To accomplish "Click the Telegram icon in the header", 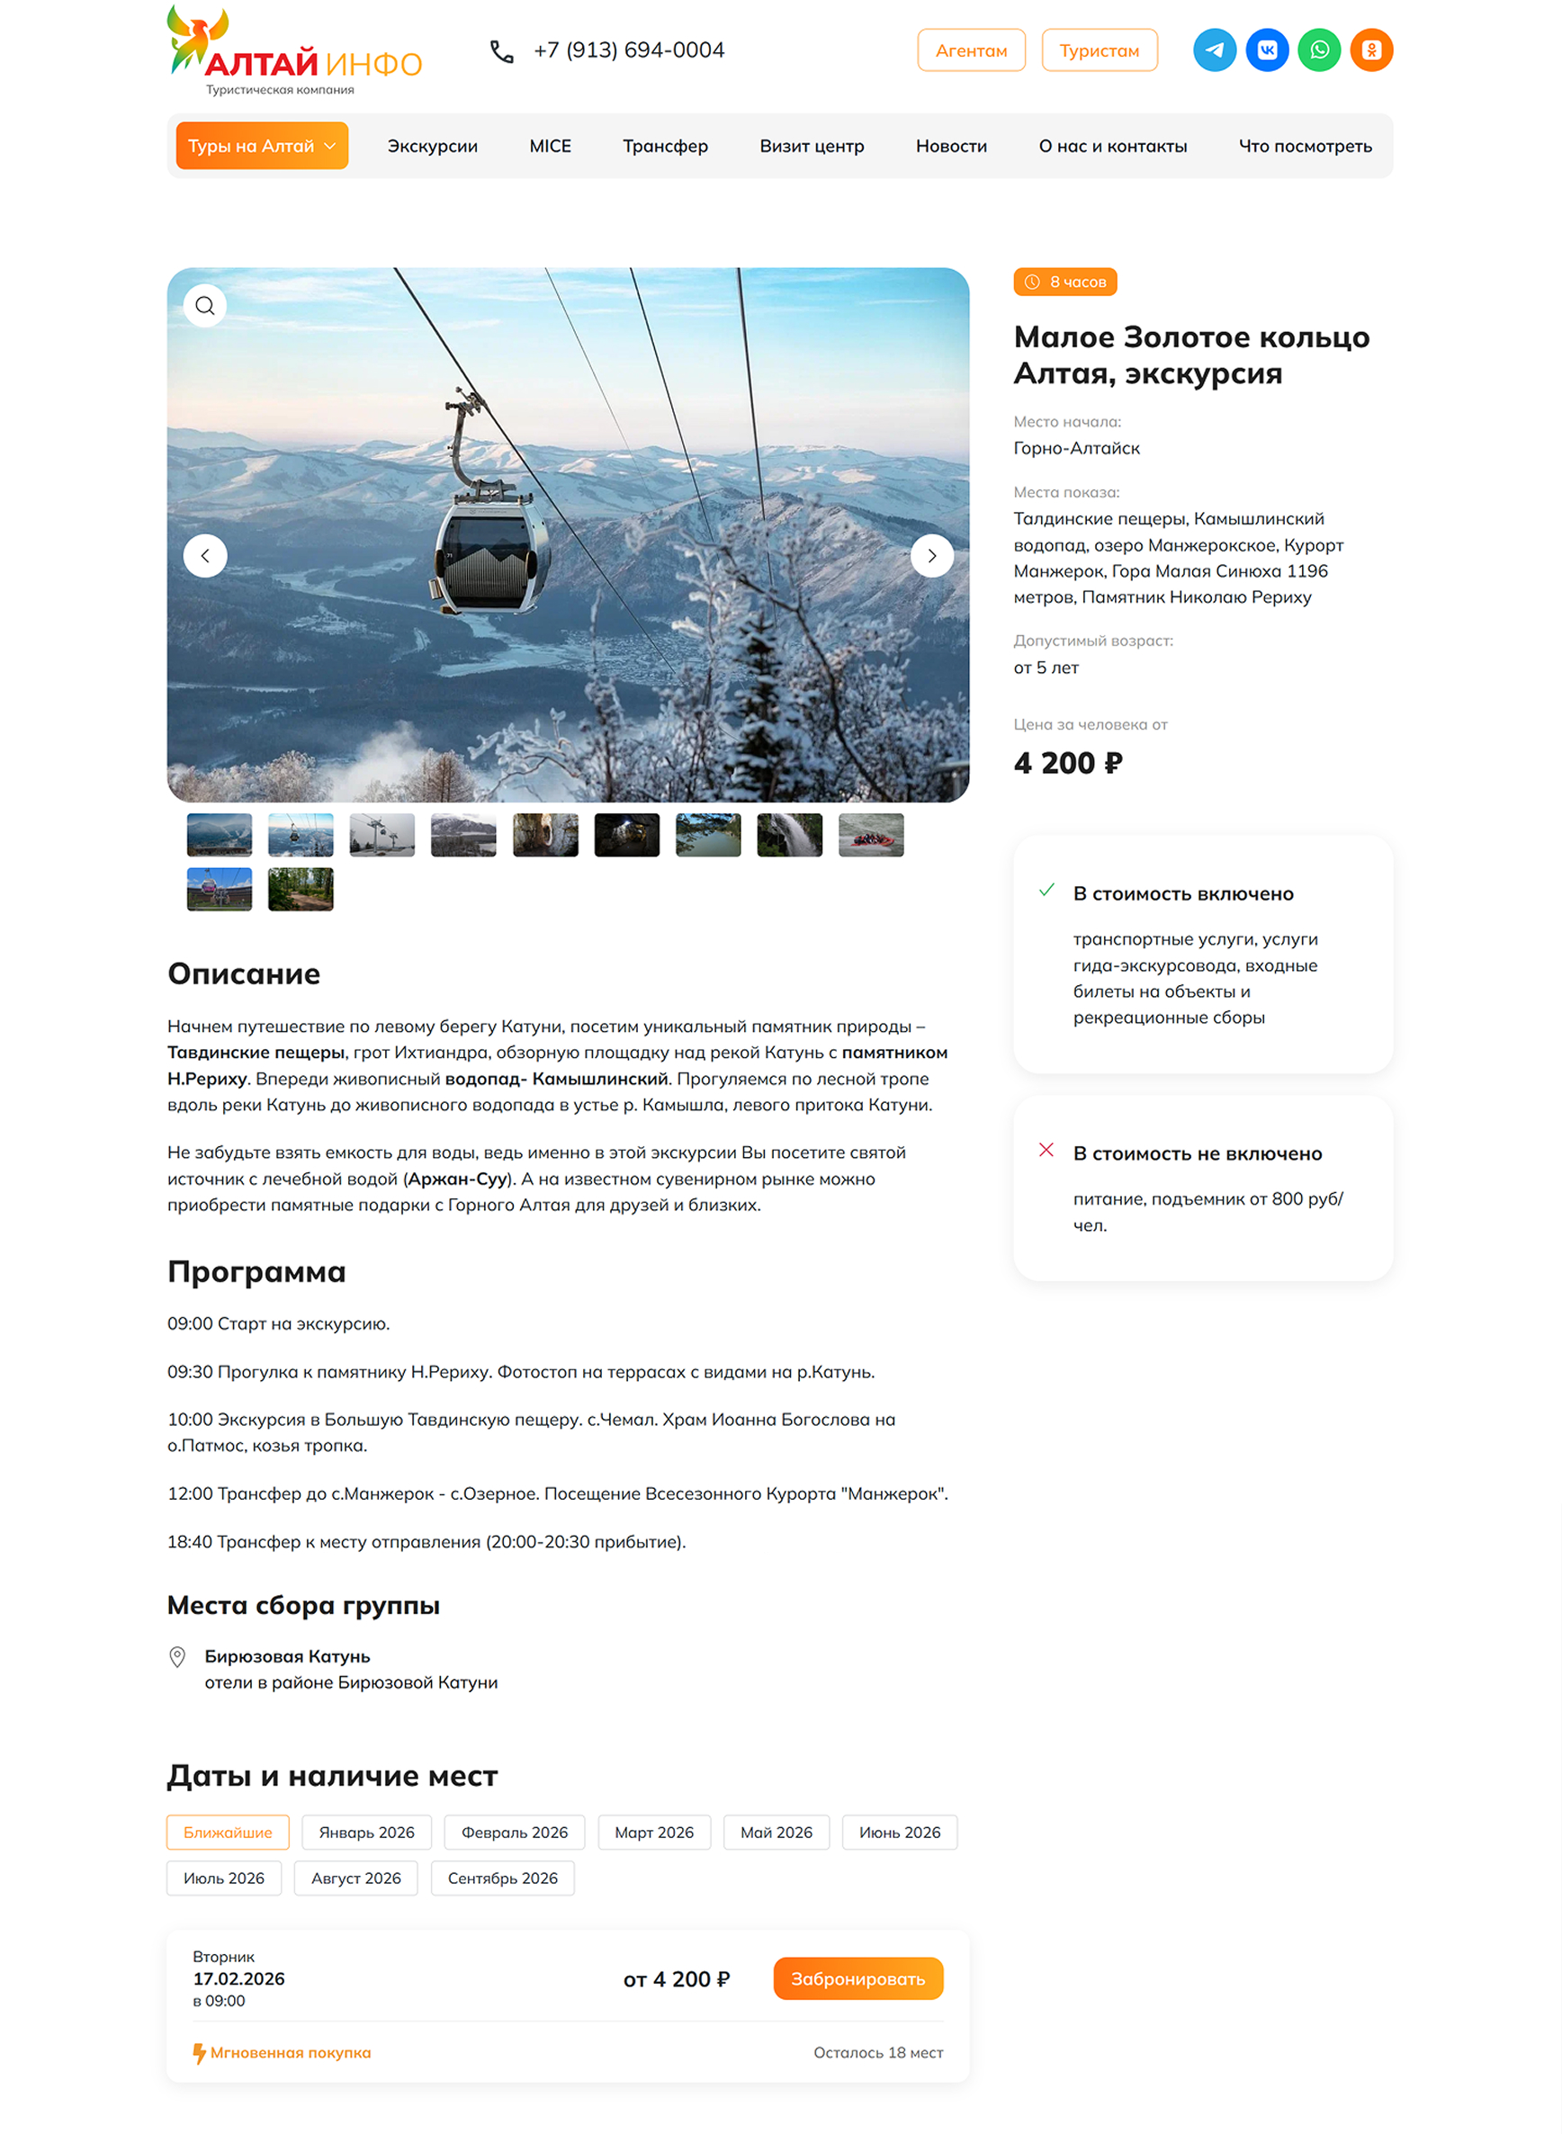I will tap(1214, 50).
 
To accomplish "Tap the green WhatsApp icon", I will tap(1319, 50).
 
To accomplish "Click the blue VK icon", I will tap(1267, 50).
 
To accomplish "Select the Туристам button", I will tap(1099, 50).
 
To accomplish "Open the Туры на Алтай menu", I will tap(262, 146).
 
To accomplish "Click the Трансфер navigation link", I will tap(665, 146).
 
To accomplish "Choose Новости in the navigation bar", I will tap(950, 146).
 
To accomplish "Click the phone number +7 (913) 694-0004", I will tap(629, 50).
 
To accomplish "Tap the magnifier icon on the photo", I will tap(205, 305).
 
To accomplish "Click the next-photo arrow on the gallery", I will tap(931, 556).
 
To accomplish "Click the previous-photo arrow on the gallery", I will tap(205, 556).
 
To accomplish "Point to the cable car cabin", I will tap(491, 549).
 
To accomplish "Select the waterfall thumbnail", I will tap(789, 835).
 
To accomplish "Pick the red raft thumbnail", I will tap(871, 835).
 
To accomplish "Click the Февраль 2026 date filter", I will tap(515, 1833).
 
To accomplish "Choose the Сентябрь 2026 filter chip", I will tap(502, 1878).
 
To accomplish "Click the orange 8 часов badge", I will tap(1064, 282).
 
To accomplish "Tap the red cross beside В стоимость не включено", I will tap(1046, 1150).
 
